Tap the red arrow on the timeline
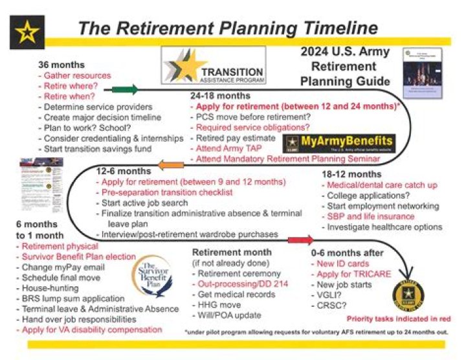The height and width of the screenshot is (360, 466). [x=300, y=241]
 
